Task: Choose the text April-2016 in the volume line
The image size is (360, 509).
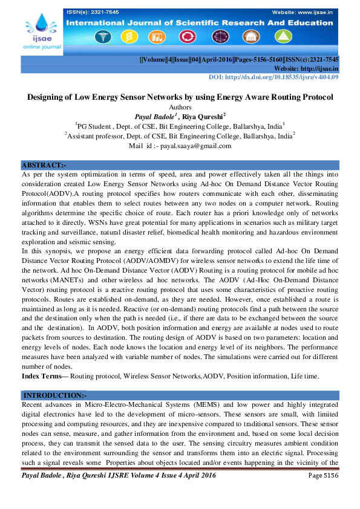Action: pyautogui.click(x=210, y=60)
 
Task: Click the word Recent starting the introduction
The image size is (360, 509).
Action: pyautogui.click(x=33, y=403)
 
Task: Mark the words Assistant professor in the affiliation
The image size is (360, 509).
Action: pyautogui.click(x=96, y=137)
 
